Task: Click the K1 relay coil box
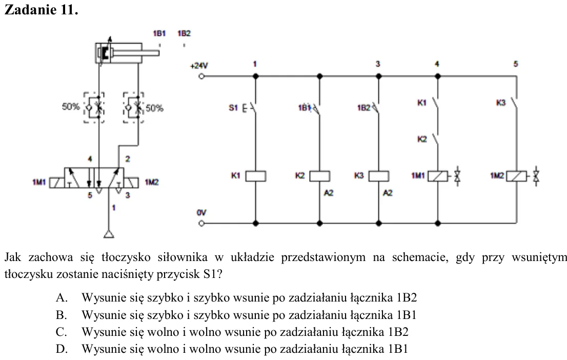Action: (x=256, y=176)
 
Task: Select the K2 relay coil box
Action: (x=320, y=176)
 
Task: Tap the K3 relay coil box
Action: (x=379, y=176)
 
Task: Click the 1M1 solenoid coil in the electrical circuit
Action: (x=437, y=176)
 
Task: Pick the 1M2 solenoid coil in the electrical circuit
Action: (x=516, y=176)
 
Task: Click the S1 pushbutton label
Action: (x=233, y=108)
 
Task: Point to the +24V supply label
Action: (x=199, y=66)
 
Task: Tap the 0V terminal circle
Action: (x=201, y=223)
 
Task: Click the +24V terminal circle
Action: (x=201, y=76)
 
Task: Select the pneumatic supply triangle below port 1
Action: (x=109, y=234)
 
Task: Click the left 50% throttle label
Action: (x=71, y=107)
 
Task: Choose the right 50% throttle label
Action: (x=154, y=108)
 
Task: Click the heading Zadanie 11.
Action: (x=41, y=9)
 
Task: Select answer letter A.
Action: (x=61, y=298)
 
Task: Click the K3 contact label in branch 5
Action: (x=501, y=103)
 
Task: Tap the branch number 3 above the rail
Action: (x=378, y=64)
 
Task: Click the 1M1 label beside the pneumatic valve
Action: (x=39, y=182)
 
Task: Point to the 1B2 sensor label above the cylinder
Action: (x=184, y=34)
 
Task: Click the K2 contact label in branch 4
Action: (x=422, y=139)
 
